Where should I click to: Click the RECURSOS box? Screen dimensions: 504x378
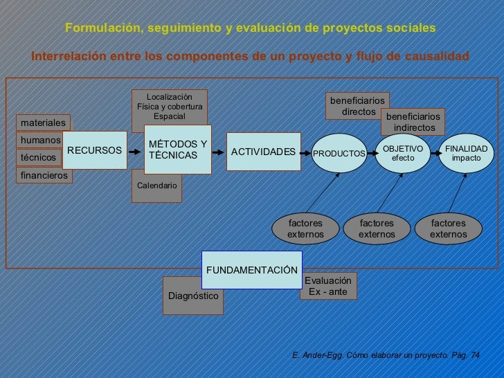(x=94, y=150)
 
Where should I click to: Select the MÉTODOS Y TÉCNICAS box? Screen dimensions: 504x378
(x=178, y=150)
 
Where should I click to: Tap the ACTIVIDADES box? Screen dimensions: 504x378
(x=263, y=152)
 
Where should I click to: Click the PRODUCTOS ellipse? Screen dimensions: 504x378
(x=339, y=152)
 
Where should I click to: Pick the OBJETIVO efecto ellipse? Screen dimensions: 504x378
(x=403, y=153)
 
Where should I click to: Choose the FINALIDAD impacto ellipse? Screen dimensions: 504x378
(x=466, y=153)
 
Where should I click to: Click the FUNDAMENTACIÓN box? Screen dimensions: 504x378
(x=251, y=269)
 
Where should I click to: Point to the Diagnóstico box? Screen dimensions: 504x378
(x=193, y=296)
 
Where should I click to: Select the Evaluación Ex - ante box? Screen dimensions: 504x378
(x=328, y=286)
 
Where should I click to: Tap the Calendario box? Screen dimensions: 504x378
(x=156, y=186)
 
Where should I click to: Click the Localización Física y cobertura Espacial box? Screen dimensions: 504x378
(x=170, y=107)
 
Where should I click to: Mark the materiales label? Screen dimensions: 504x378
(x=43, y=123)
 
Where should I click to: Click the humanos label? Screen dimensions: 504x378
(x=40, y=140)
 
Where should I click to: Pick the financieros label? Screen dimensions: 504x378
(x=45, y=175)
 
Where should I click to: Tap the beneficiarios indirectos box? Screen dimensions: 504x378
(x=413, y=123)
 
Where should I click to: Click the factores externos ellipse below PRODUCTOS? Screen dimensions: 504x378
(x=305, y=229)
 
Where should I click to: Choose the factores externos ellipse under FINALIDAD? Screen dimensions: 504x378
(x=449, y=229)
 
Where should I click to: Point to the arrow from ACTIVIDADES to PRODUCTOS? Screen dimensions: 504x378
(x=305, y=152)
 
